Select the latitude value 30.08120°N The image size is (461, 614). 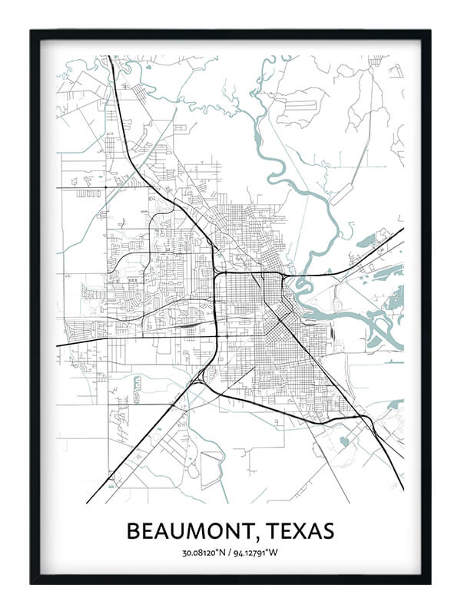click(x=202, y=553)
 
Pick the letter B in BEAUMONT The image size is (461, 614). click(x=132, y=531)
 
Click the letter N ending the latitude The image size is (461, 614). click(x=220, y=553)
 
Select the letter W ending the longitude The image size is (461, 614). click(x=277, y=553)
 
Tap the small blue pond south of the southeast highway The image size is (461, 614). click(x=343, y=441)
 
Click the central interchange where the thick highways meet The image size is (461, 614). click(x=218, y=273)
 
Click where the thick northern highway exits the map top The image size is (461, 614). click(x=110, y=57)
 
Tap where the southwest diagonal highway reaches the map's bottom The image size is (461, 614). click(x=88, y=502)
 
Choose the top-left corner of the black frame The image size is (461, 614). click(x=32, y=31)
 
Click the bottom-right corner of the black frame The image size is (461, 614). click(x=429, y=583)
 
